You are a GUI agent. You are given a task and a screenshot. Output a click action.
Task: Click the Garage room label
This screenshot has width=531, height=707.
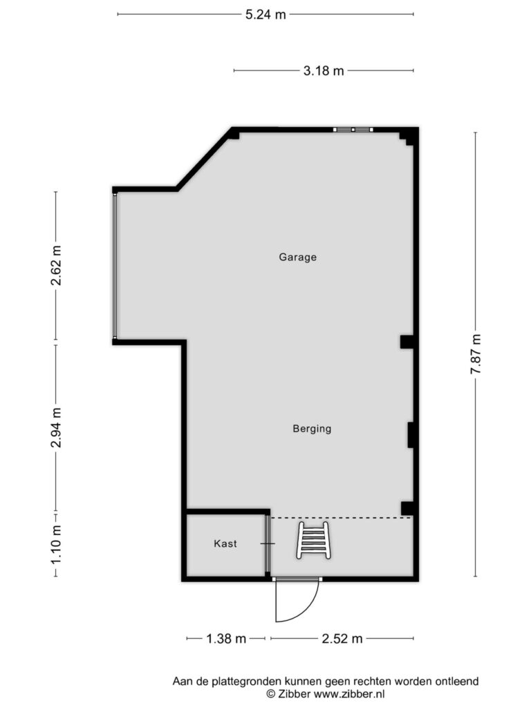coord(297,258)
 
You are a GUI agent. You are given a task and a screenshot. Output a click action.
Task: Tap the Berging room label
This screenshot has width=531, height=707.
coord(312,429)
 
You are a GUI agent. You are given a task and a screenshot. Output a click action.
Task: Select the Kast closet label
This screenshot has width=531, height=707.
coord(225,544)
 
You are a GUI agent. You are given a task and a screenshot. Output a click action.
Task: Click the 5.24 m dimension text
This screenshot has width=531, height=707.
coord(265,14)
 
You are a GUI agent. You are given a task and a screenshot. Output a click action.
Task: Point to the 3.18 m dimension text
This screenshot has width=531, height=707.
coord(324,71)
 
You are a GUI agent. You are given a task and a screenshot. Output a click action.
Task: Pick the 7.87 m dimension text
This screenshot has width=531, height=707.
coord(476,354)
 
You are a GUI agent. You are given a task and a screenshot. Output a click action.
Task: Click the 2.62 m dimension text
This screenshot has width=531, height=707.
coord(56,266)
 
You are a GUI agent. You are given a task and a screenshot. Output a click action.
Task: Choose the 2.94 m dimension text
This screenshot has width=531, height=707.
coord(56,427)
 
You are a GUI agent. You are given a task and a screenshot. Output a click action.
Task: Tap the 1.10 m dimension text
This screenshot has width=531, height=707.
coord(56,544)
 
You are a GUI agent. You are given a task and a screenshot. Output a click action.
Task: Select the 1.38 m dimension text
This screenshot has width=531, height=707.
coord(226,639)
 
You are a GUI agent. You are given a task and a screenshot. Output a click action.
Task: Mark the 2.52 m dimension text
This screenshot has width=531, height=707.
coord(342,639)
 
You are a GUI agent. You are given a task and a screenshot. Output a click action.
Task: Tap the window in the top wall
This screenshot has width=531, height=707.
coord(353,130)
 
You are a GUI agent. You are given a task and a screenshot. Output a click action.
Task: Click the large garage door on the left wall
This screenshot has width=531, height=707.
coord(115,266)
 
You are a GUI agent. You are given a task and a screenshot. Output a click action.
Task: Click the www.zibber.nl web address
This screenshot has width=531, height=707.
coord(349,694)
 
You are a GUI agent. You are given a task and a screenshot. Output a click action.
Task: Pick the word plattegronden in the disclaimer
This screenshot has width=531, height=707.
coord(241,681)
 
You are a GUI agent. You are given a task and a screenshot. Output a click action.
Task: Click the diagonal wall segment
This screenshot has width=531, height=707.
coord(204,159)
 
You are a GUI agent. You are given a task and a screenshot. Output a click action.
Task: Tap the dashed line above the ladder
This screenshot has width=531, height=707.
coord(342,518)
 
